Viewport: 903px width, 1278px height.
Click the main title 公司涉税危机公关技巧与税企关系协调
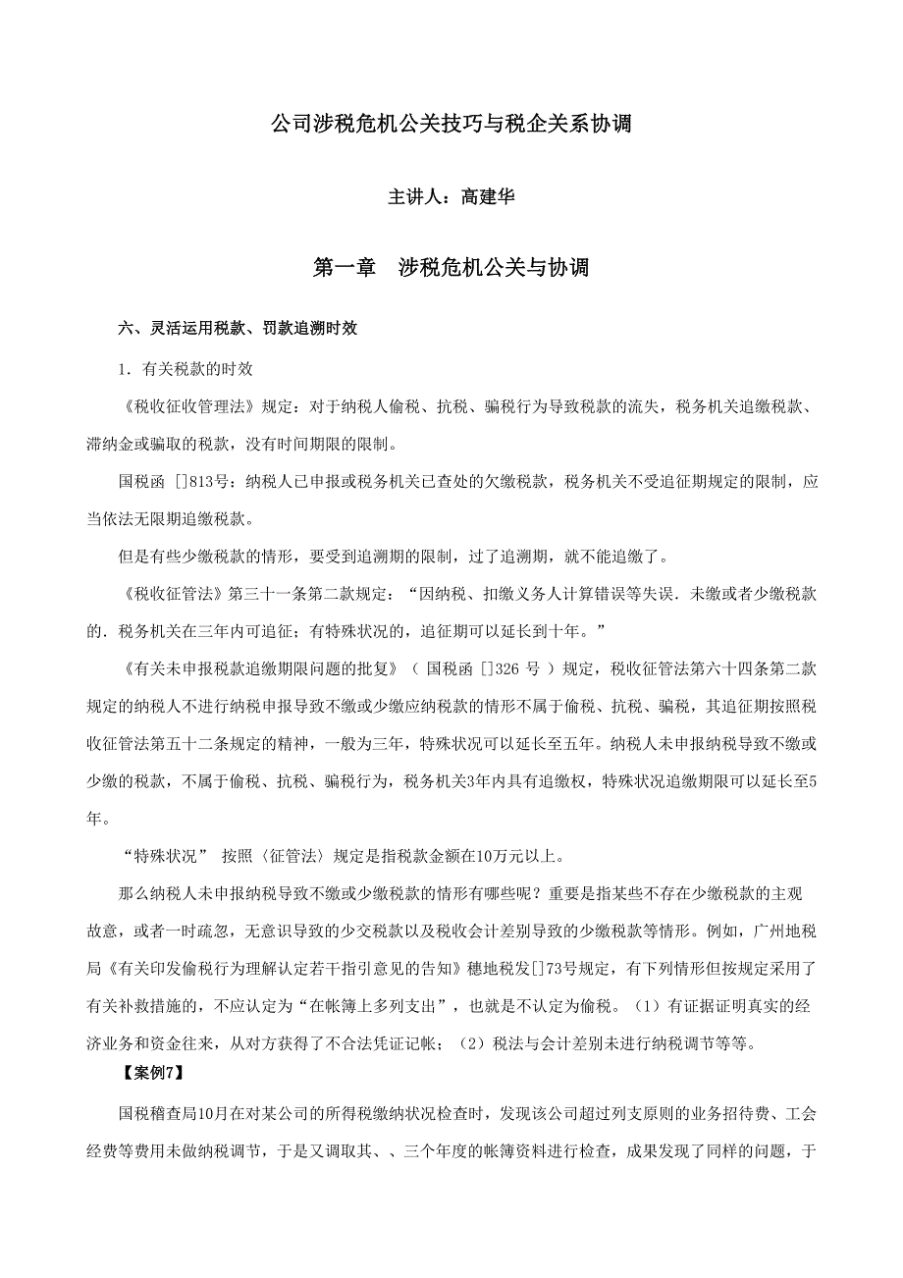coord(451,125)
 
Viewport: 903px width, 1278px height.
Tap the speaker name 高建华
coord(488,196)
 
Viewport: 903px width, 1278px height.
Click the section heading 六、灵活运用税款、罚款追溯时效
coord(238,329)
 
